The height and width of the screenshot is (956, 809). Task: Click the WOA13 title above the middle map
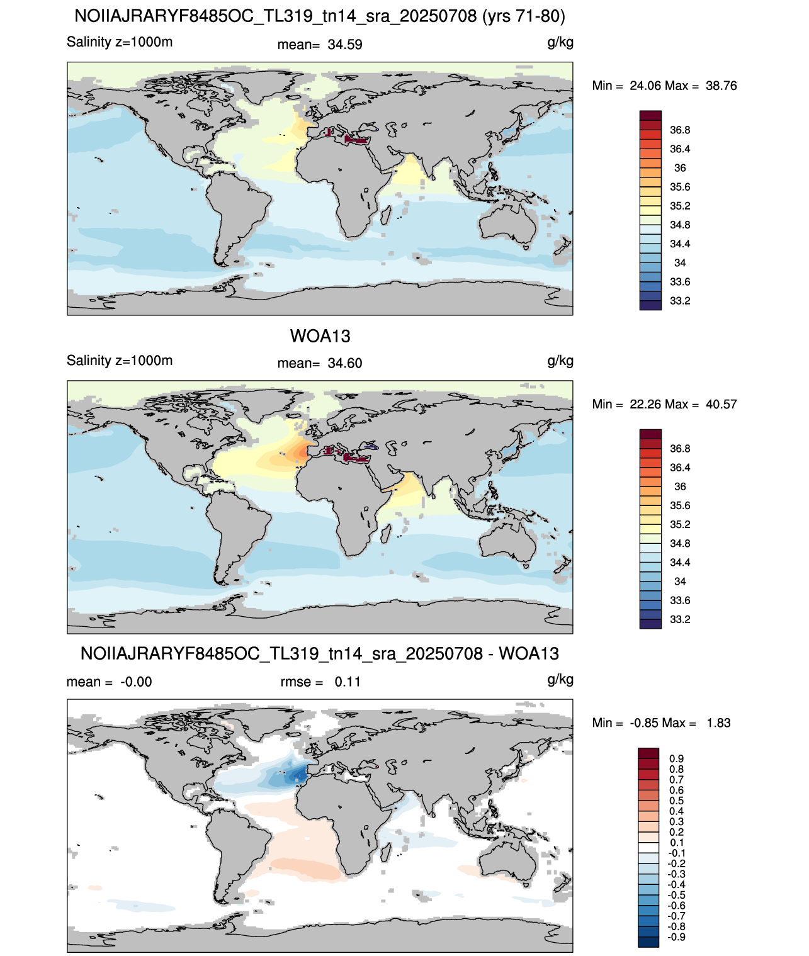tap(320, 336)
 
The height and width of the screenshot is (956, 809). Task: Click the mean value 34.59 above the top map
tap(344, 45)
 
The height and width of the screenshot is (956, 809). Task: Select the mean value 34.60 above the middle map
tap(344, 364)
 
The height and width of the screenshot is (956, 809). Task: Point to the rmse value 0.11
tap(348, 682)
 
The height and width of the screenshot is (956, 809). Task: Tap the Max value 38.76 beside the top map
tap(721, 86)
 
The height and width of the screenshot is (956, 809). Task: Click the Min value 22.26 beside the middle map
tap(645, 405)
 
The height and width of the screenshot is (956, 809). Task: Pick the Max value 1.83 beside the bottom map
tap(718, 723)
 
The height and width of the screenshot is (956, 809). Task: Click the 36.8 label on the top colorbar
tap(680, 130)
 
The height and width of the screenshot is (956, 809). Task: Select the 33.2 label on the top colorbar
tap(680, 301)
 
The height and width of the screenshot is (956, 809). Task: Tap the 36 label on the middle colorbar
tap(680, 487)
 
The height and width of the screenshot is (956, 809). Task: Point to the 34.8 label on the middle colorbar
tap(680, 544)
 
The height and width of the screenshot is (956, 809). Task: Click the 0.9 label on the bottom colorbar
tap(676, 759)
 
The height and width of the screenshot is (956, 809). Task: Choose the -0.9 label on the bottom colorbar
tap(676, 938)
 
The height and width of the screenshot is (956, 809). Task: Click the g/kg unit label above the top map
tap(560, 43)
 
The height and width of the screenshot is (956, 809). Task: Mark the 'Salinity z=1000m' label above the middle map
tap(120, 361)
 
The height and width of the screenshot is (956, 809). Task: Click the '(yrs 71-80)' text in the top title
tap(524, 16)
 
